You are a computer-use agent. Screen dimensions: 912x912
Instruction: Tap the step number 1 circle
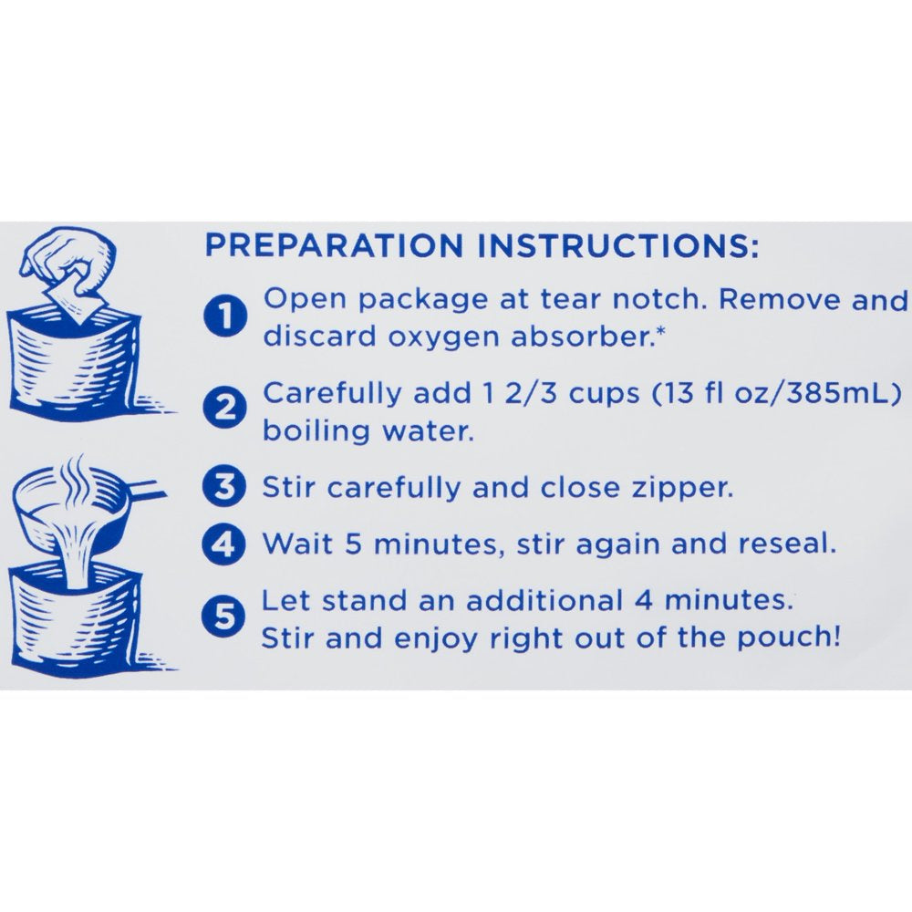pos(225,316)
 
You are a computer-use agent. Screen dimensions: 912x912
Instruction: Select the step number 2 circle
pos(225,408)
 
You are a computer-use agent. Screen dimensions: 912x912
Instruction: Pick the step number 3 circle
pos(225,487)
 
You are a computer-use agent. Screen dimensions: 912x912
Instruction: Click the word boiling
pos(316,431)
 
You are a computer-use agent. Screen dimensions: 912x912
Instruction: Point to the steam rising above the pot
pos(77,478)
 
